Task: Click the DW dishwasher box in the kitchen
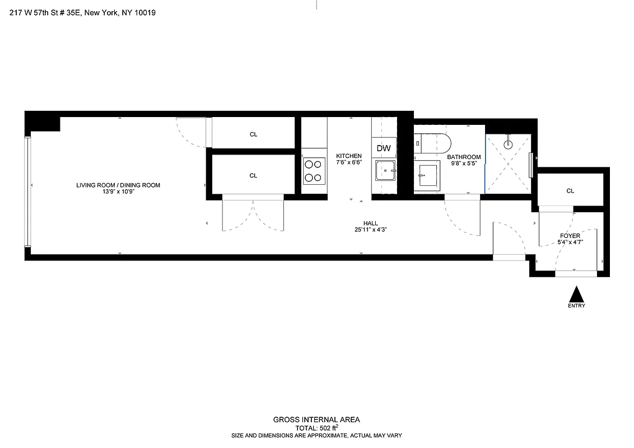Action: (384, 148)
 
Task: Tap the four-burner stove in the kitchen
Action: (314, 171)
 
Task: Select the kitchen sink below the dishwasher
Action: (385, 169)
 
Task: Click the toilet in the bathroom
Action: (431, 143)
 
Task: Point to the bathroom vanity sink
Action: (429, 176)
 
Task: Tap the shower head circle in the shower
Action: (508, 143)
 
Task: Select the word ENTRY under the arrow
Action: (576, 306)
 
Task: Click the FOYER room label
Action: (570, 236)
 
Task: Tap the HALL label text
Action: (371, 223)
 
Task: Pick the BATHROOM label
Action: (464, 157)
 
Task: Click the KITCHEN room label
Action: (349, 156)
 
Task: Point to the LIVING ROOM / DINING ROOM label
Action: (119, 185)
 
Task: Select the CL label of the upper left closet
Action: (253, 134)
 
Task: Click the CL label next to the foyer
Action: (570, 191)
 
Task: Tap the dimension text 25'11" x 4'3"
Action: (371, 230)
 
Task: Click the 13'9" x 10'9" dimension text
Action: (119, 192)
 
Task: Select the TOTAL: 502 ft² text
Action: (316, 427)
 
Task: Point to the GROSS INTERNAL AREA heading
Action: (316, 419)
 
